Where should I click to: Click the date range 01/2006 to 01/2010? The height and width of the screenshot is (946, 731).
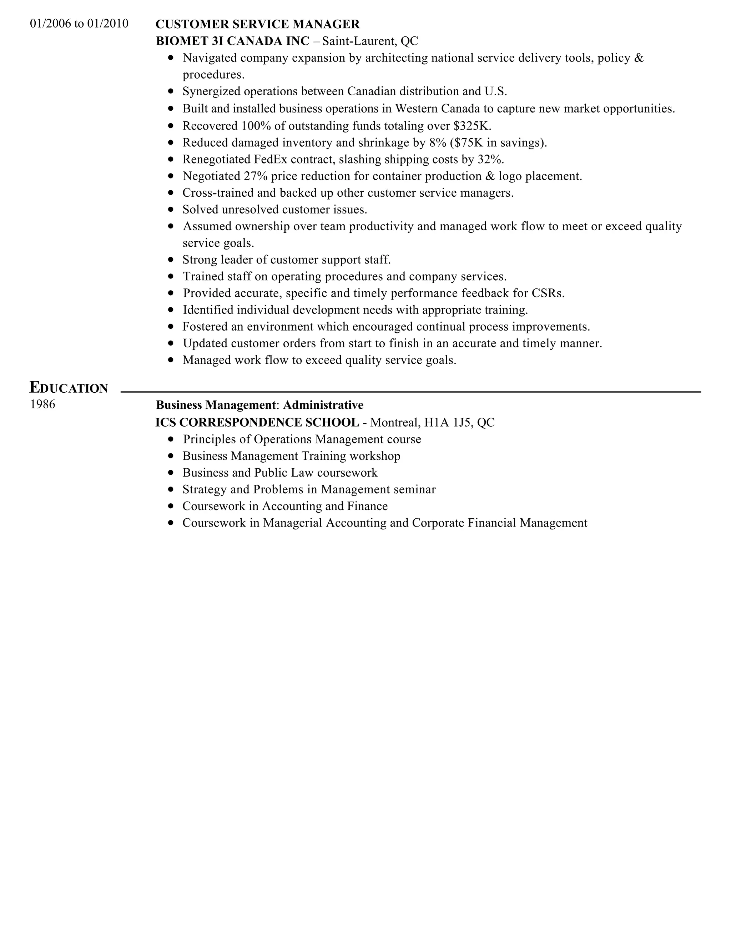(x=79, y=24)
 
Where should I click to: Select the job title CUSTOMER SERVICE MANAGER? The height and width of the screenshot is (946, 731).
(x=257, y=24)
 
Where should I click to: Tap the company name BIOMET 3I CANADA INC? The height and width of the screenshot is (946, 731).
(x=233, y=41)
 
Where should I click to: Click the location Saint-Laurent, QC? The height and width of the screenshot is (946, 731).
(x=370, y=41)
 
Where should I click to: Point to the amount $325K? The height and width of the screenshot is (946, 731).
(x=472, y=126)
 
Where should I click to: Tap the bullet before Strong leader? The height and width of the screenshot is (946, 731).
(x=171, y=260)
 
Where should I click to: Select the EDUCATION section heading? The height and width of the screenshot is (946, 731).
(x=69, y=387)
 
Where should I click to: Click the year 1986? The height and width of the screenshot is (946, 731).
(x=42, y=404)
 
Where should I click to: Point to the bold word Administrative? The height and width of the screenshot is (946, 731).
(x=323, y=405)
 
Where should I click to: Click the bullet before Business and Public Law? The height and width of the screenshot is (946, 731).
(x=171, y=473)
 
